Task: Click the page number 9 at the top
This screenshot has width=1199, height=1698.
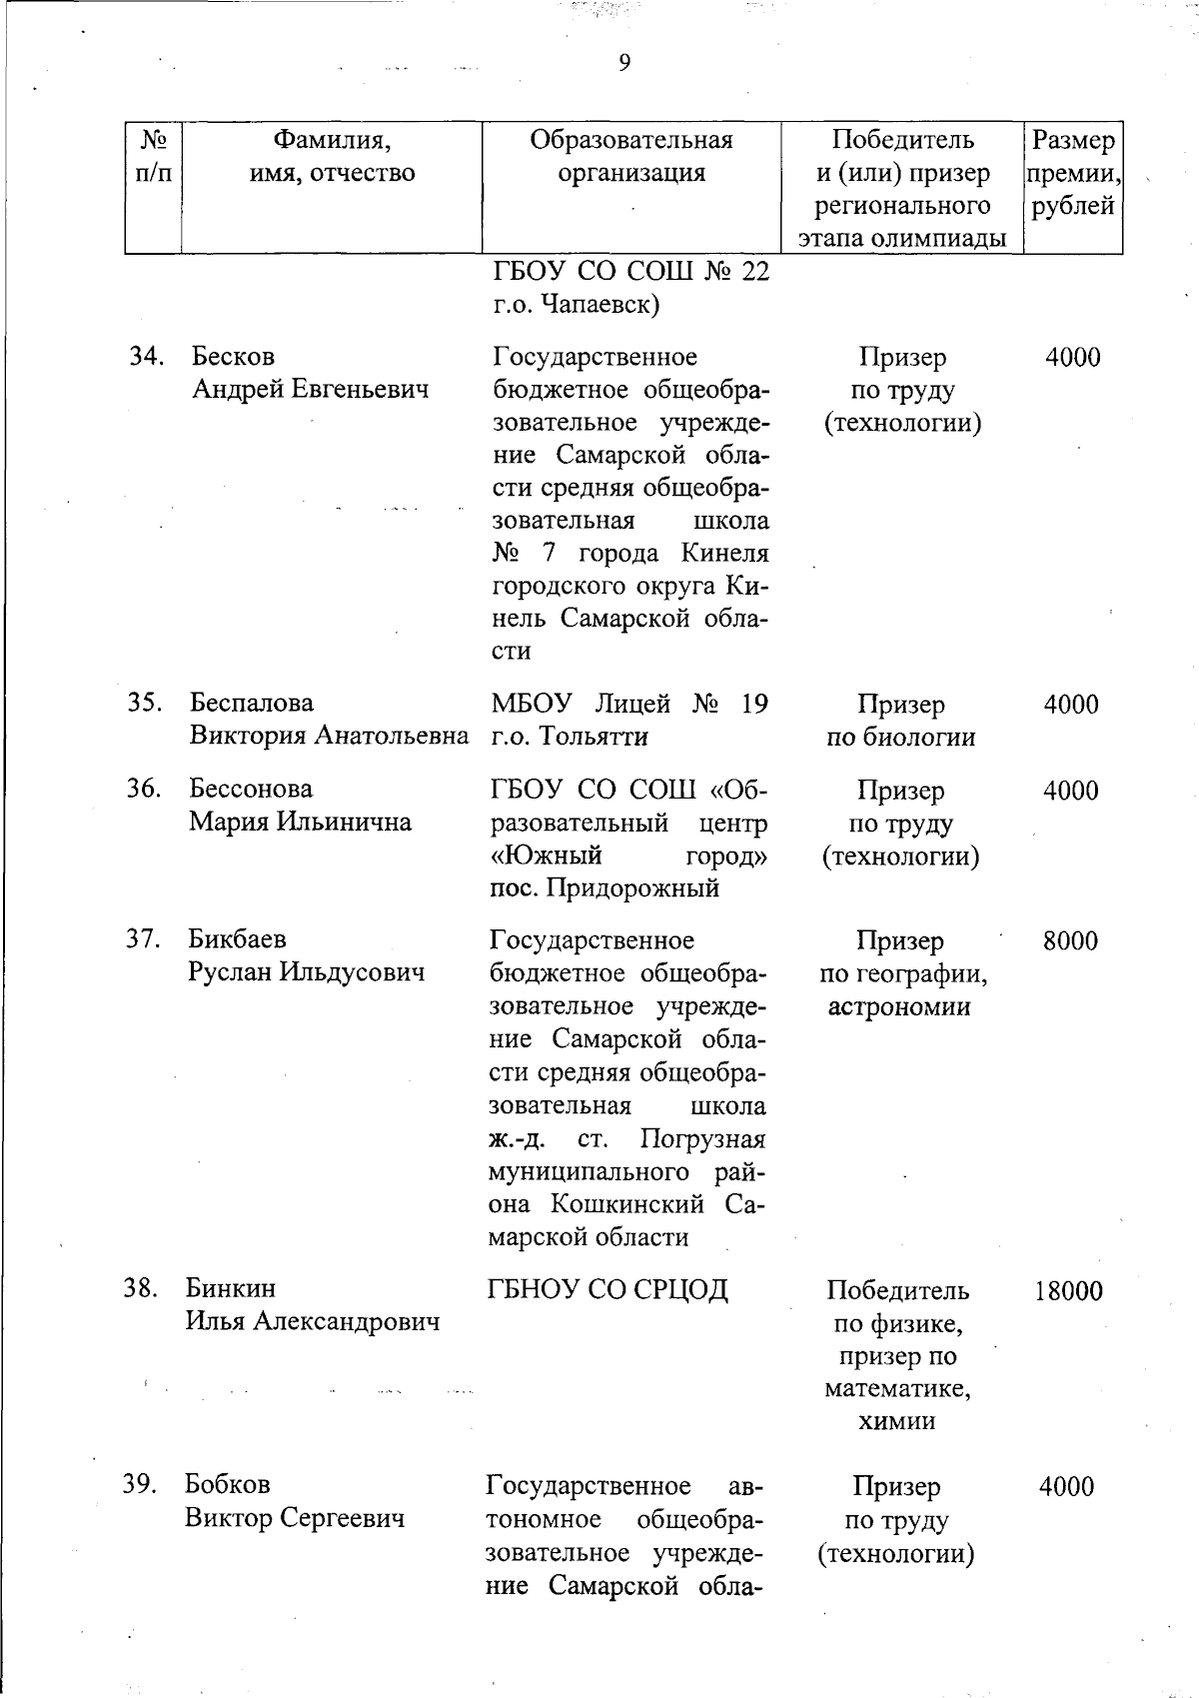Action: [624, 64]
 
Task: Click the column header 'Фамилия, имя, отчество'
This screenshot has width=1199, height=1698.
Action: [332, 156]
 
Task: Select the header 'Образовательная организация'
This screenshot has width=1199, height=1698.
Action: [631, 156]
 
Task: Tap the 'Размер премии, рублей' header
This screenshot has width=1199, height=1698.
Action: [1073, 173]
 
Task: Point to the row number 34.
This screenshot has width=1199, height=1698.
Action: [146, 357]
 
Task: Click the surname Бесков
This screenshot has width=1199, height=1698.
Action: [233, 357]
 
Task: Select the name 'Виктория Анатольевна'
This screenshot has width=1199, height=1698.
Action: [329, 737]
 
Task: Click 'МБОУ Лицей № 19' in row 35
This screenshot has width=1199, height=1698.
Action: [629, 704]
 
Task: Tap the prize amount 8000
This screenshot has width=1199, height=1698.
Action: [1070, 940]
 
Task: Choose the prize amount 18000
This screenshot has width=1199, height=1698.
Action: [1068, 1290]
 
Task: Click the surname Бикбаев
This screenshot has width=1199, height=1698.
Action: [237, 939]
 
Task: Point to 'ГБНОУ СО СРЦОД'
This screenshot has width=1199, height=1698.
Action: [607, 1289]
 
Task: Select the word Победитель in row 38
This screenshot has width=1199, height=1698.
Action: [898, 1290]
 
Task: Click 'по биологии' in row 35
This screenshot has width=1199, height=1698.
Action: [900, 738]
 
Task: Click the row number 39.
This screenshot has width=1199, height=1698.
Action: [141, 1485]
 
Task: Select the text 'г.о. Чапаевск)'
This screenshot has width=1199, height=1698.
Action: [577, 305]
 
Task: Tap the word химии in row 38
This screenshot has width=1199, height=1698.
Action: [896, 1421]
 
